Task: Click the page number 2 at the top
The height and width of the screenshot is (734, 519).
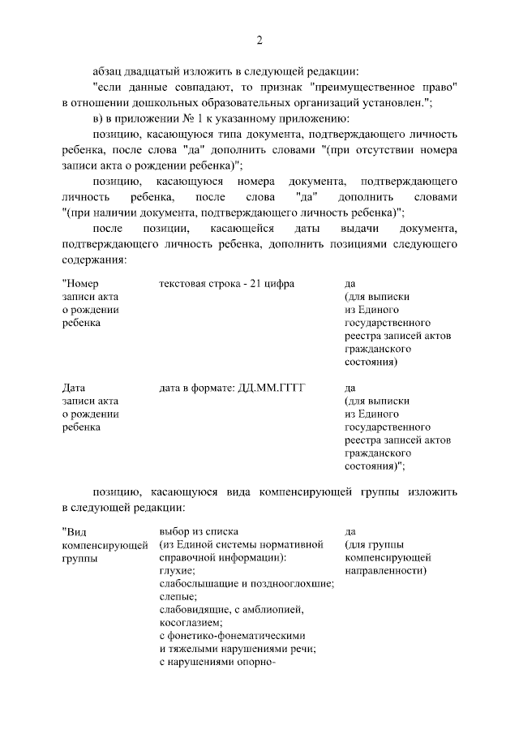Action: (259, 40)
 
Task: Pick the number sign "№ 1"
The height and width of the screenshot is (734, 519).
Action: (179, 118)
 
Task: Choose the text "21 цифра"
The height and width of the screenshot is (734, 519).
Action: (272, 283)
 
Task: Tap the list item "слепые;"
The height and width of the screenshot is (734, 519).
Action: (178, 596)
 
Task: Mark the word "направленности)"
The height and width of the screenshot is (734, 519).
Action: (387, 570)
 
